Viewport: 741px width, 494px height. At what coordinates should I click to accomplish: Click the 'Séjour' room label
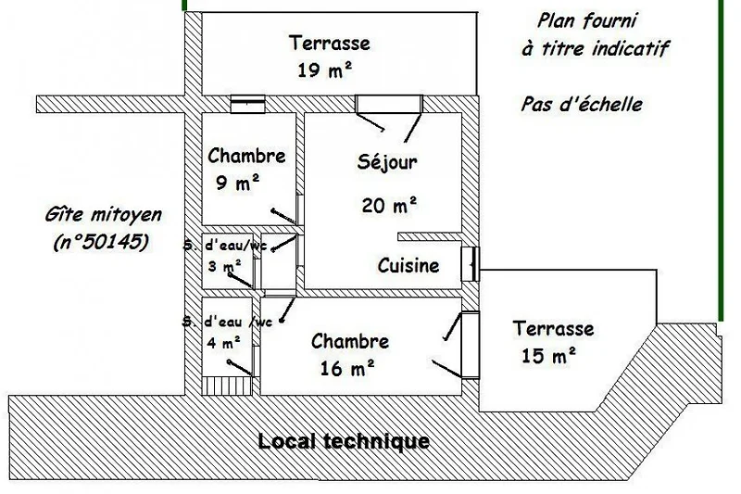(387, 162)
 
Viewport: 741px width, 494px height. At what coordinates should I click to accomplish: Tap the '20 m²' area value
(389, 205)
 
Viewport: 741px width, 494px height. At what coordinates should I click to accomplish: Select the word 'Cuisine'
(408, 266)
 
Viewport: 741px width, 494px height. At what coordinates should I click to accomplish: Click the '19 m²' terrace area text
(325, 70)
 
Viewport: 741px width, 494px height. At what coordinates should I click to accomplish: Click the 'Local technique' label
(344, 441)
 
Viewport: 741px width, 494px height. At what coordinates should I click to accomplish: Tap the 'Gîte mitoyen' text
(104, 215)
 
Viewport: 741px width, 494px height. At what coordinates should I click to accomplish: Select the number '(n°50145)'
(101, 243)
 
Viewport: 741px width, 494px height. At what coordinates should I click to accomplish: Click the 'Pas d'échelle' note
(582, 105)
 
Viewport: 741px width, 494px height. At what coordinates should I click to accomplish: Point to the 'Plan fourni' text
(587, 20)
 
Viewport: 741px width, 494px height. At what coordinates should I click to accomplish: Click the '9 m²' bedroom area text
(238, 183)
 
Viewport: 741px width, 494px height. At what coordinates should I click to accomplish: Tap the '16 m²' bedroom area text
(347, 368)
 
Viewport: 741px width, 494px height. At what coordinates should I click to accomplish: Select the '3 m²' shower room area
(224, 266)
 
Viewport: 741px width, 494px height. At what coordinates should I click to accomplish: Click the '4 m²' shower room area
(223, 342)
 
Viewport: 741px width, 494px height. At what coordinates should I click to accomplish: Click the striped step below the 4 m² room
(226, 386)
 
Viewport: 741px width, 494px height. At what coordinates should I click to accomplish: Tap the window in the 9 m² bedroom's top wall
(247, 104)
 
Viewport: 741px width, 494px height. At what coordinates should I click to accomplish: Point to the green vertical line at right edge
(721, 160)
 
